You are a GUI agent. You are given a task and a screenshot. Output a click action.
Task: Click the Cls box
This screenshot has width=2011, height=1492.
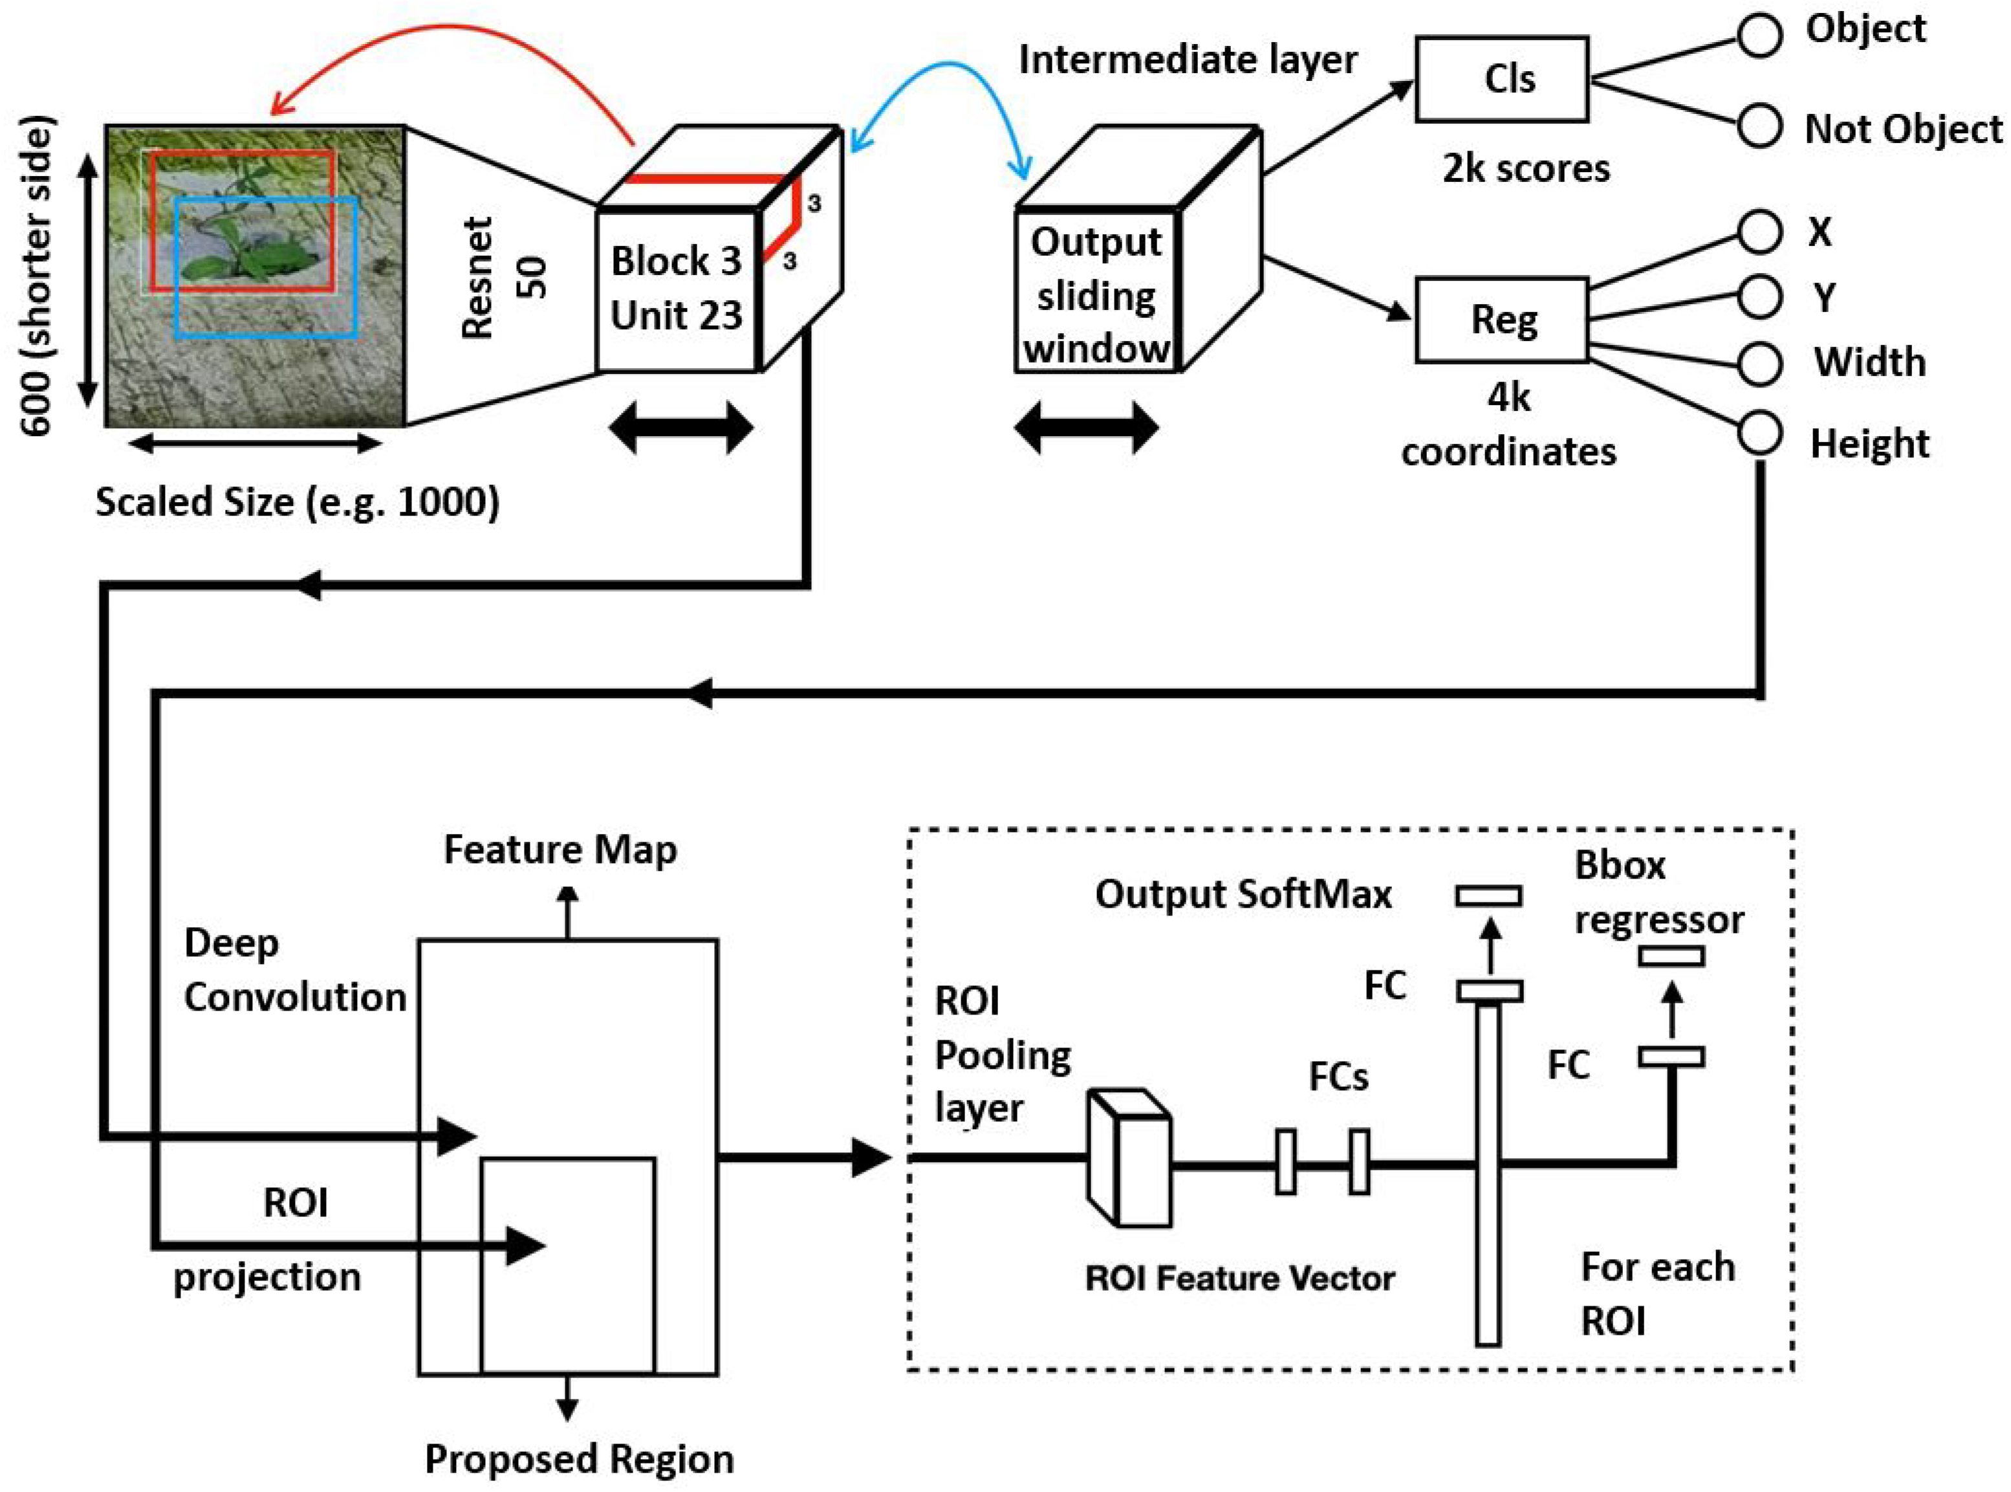(x=1500, y=80)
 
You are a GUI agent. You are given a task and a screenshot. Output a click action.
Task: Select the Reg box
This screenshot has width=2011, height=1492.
(x=1500, y=320)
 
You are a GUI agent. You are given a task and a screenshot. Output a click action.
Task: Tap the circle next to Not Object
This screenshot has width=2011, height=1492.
(x=1758, y=126)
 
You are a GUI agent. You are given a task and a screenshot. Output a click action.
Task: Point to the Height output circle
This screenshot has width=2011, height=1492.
(x=1758, y=434)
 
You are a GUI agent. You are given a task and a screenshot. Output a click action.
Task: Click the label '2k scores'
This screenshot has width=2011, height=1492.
(x=1525, y=169)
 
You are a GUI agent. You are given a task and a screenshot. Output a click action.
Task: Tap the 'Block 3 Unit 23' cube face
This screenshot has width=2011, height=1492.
(x=677, y=289)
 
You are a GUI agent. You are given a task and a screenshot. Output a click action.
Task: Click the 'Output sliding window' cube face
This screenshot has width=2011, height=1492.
(x=1095, y=294)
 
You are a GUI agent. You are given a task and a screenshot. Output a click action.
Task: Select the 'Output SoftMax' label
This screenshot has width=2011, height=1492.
(x=1243, y=894)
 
